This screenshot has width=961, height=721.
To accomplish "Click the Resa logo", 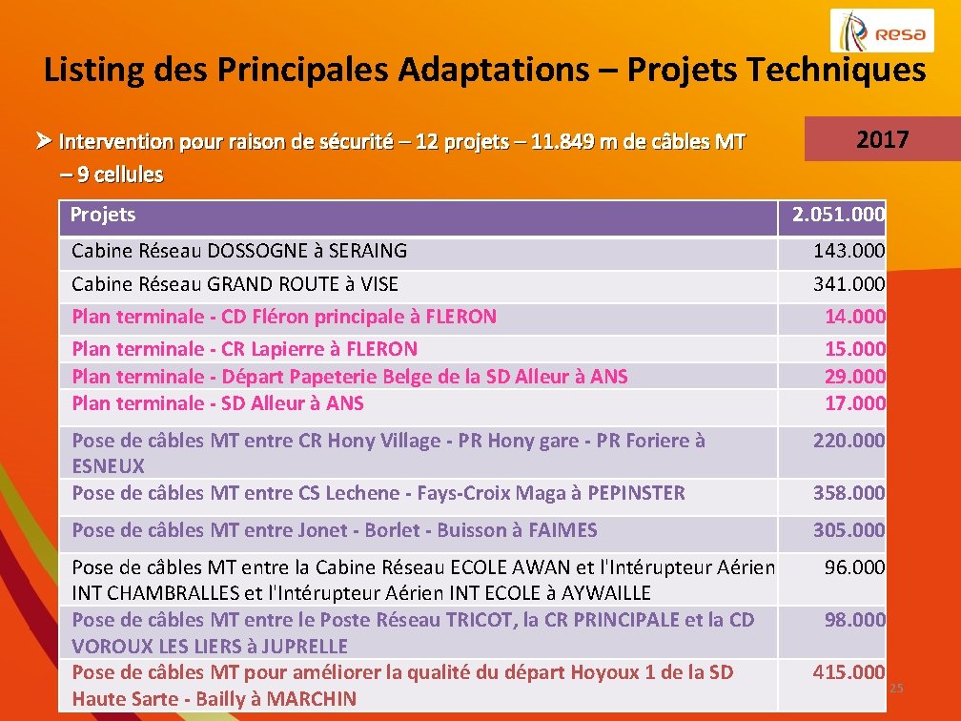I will point(882,31).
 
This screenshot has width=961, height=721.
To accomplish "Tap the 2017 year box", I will point(882,139).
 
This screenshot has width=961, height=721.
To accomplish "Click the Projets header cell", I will point(103,215).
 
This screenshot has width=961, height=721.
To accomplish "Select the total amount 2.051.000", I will point(838,216).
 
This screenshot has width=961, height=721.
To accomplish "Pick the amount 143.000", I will point(849,251).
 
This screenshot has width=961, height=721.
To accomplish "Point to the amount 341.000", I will point(849,284).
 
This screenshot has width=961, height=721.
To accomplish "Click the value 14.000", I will point(854,317).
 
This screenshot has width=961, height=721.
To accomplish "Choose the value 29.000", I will point(854,376).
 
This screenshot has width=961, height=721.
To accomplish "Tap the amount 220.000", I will point(849,441).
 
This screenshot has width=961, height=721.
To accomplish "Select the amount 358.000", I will point(849,493).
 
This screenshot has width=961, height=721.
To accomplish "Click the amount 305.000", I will point(849,530).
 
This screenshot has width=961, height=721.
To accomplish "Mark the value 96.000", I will point(854,567).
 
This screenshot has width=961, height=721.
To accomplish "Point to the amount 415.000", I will point(849,672).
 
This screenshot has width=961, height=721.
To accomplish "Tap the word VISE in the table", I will point(378,284).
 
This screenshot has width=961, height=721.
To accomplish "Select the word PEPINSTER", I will point(636,493).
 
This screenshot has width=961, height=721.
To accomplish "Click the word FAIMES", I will point(562,530).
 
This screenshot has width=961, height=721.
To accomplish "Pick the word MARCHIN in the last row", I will point(312,698).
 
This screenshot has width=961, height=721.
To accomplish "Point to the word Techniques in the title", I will point(836,70).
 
